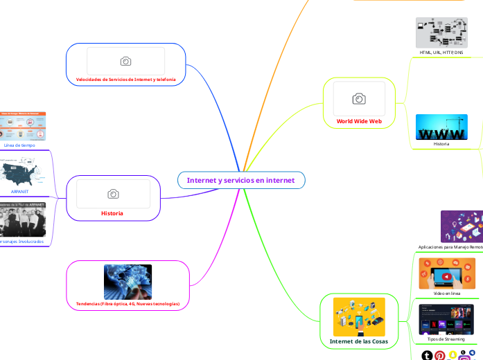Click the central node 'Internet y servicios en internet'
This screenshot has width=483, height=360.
point(240,180)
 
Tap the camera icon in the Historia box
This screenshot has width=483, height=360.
point(113,194)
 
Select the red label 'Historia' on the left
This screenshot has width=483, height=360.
point(112,213)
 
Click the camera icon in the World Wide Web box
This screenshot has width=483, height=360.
point(359,99)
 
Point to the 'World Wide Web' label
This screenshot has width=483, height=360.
point(359,120)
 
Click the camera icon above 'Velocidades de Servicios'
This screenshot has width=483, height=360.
point(125,61)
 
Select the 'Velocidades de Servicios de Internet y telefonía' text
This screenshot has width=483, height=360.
point(125,80)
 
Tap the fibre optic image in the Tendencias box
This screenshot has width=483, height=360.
point(128,282)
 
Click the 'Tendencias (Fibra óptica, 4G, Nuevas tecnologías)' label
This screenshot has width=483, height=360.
point(128,303)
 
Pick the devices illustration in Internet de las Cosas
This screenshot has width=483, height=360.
point(359,316)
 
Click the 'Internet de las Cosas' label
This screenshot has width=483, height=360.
point(359,342)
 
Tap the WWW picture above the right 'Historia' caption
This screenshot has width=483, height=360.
point(441,127)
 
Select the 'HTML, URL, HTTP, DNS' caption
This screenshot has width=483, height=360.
point(441,53)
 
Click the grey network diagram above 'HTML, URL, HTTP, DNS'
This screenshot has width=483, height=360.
point(441,33)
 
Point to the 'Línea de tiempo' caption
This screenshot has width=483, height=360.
point(19,145)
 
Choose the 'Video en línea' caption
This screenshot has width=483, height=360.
point(447,294)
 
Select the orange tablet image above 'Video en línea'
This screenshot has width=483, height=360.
point(447,273)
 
